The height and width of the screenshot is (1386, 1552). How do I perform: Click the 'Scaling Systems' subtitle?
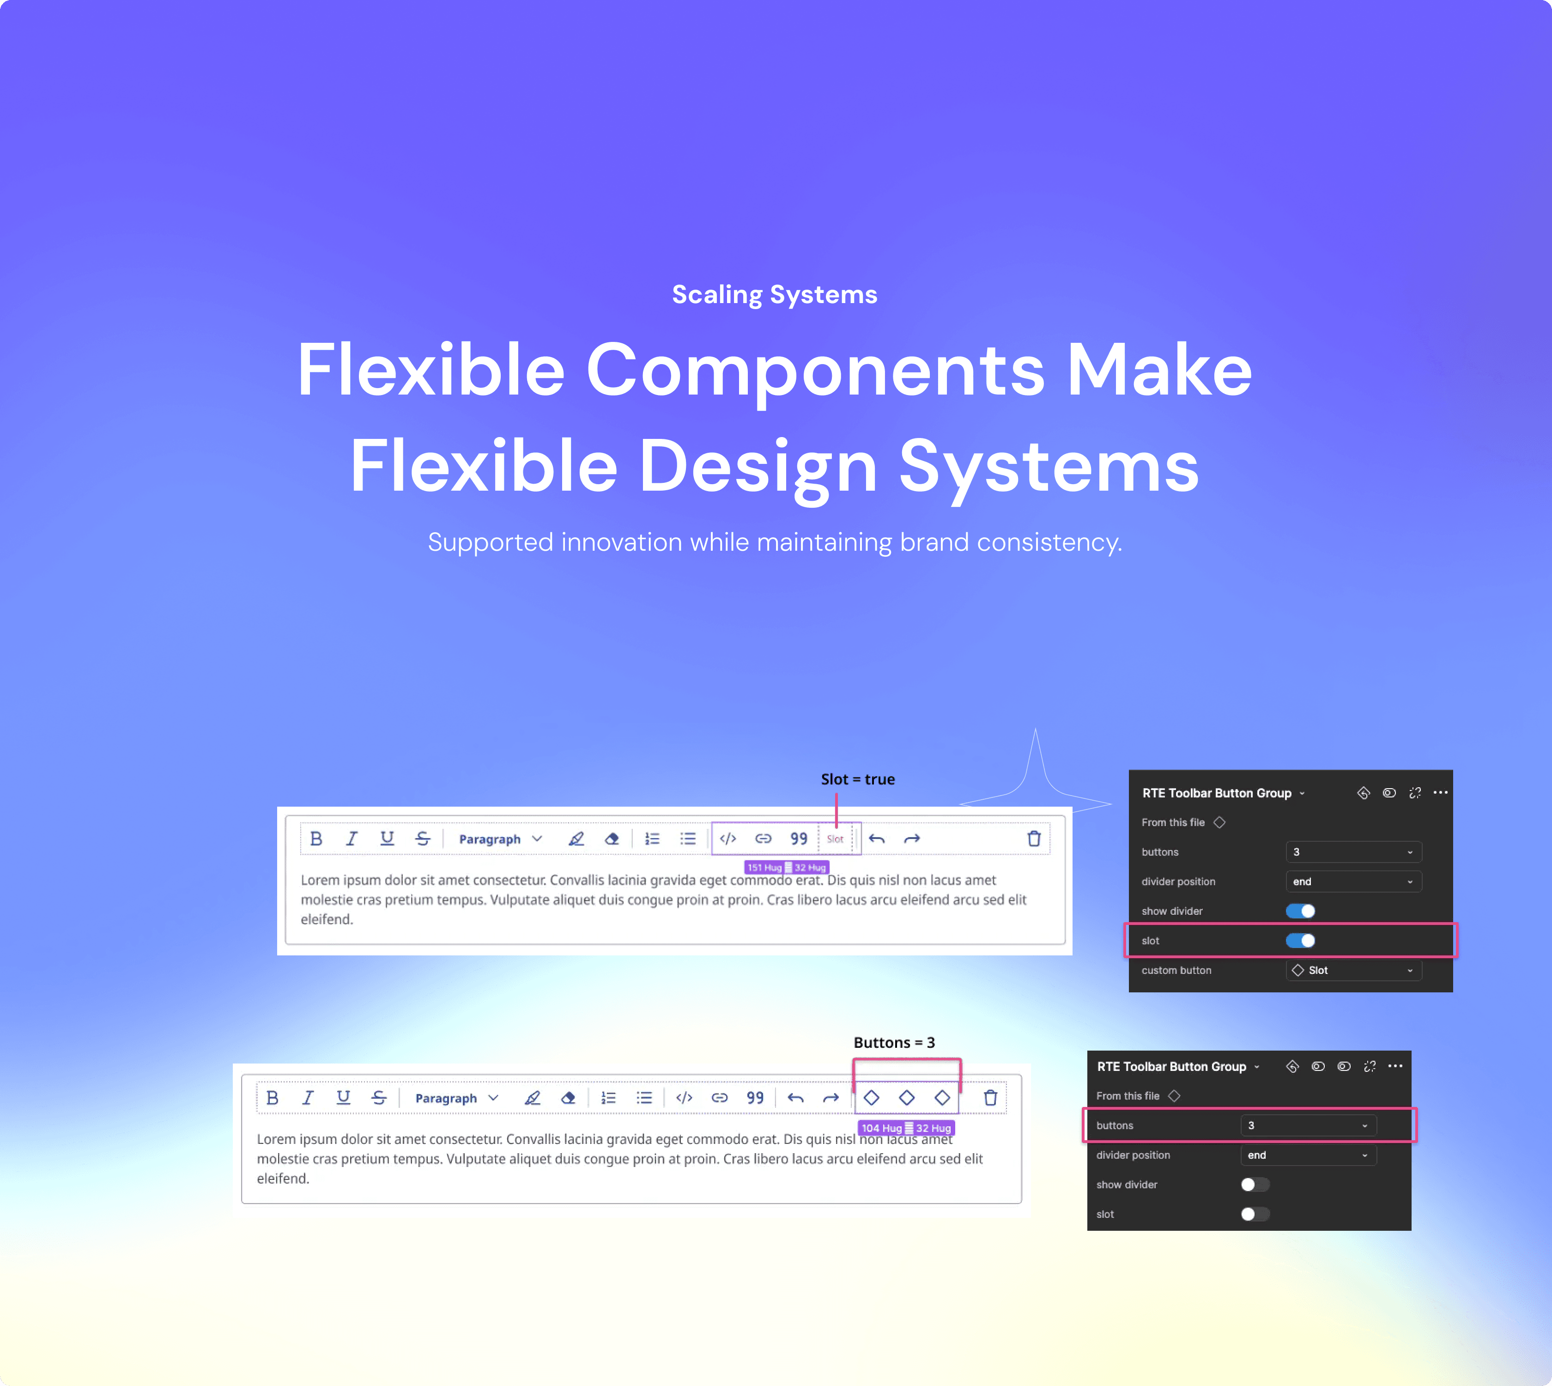click(x=775, y=295)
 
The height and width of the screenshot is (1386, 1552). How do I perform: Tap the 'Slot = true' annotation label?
click(x=857, y=779)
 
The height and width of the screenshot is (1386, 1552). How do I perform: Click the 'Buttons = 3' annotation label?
click(x=894, y=1043)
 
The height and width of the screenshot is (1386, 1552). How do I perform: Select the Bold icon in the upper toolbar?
click(x=316, y=839)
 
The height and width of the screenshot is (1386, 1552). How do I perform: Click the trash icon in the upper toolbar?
click(x=1033, y=839)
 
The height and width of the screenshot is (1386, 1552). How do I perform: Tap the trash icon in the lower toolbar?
click(x=990, y=1097)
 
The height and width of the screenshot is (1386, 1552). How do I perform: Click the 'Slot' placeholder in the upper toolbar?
click(x=835, y=839)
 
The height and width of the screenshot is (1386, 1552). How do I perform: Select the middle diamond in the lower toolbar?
click(x=906, y=1097)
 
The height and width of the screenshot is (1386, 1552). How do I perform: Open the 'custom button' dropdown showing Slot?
click(x=1353, y=970)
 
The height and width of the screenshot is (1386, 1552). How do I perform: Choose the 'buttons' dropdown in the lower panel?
click(x=1308, y=1125)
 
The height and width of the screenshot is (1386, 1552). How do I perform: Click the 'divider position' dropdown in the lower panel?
click(x=1308, y=1155)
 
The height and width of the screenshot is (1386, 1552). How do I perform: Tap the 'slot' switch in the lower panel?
click(x=1254, y=1214)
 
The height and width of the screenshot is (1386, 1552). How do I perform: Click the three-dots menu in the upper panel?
click(x=1440, y=793)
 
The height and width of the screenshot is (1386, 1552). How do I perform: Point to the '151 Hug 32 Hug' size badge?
click(x=786, y=867)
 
